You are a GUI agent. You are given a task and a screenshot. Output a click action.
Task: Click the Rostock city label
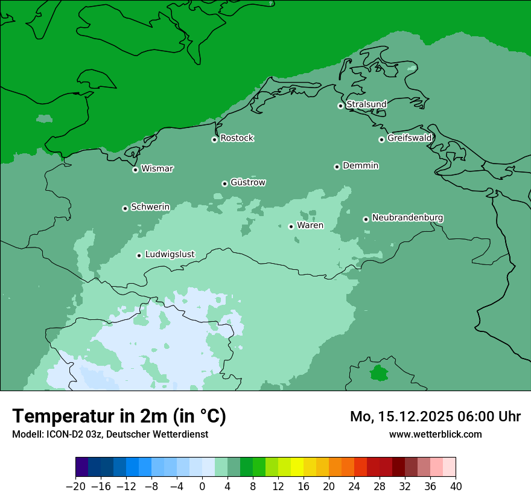(x=237, y=138)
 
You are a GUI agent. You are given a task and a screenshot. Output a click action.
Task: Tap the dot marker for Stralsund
(x=340, y=106)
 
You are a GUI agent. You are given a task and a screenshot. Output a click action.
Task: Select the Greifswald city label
(x=409, y=138)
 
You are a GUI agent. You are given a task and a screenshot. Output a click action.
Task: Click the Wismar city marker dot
(x=135, y=170)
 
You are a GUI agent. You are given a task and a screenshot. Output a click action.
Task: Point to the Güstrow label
(x=247, y=182)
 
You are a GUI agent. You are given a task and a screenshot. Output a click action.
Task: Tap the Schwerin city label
(x=150, y=207)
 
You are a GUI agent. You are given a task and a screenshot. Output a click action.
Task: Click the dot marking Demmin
(x=337, y=167)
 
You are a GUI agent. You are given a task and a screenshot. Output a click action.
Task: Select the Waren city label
(x=310, y=226)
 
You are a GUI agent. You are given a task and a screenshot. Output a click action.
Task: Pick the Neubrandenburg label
(x=407, y=217)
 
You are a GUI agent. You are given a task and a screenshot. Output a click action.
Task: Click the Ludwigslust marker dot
(x=139, y=255)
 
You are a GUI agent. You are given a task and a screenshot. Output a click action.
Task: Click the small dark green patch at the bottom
(x=379, y=373)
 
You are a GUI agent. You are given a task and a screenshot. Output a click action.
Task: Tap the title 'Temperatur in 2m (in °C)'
(x=119, y=416)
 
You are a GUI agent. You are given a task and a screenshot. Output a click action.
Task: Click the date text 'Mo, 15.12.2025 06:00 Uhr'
(x=435, y=416)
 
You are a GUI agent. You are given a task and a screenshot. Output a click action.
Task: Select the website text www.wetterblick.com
(x=435, y=434)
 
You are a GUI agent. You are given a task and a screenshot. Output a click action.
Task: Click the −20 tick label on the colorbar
(x=75, y=487)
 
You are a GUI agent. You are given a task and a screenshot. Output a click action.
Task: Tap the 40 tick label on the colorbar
(x=456, y=487)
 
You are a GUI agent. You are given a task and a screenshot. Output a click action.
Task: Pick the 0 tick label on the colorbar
(x=202, y=487)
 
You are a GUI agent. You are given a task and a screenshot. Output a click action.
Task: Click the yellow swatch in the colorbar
(x=297, y=467)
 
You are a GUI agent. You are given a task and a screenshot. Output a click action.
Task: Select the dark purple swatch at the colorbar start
(x=82, y=467)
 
